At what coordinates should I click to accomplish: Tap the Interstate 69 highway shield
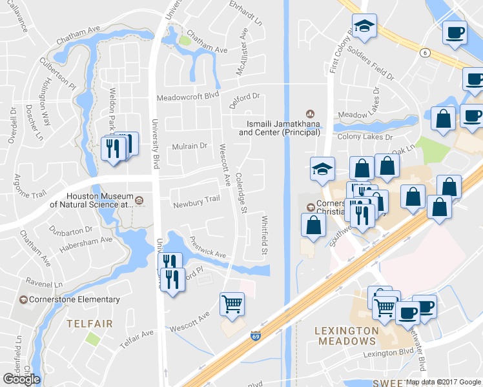256,337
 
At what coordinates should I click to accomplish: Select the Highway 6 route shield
424,52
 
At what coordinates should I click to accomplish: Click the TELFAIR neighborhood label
89,323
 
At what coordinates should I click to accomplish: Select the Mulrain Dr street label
189,146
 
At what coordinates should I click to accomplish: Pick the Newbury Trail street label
196,204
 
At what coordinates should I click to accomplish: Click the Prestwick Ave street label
207,250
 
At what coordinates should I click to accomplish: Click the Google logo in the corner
21,379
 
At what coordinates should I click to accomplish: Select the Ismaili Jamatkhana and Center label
280,128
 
